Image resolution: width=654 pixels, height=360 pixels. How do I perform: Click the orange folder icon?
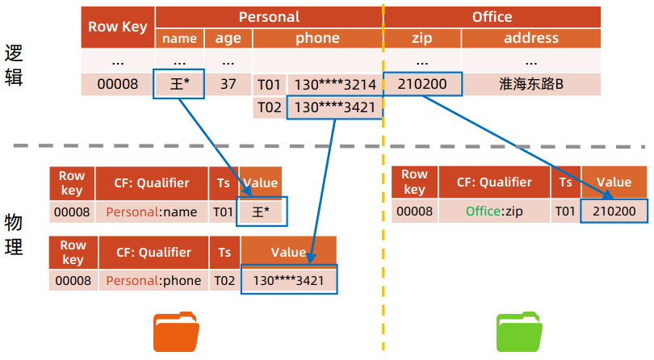176,331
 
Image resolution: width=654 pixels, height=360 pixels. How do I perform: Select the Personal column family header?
269,17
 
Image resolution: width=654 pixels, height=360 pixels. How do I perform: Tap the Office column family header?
492,17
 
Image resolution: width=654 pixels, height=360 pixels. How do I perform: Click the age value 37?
228,84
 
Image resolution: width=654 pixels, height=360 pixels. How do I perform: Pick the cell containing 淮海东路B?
530,84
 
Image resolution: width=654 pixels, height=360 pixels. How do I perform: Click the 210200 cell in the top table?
421,84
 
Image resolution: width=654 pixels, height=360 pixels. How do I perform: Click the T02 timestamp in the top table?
268,107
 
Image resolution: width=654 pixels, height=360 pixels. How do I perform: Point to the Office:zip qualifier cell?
494,211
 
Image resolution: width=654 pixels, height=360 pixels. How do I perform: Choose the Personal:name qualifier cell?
152,211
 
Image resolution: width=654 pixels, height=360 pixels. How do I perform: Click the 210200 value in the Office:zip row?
619,211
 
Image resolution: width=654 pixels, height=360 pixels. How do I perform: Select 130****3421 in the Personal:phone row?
288,281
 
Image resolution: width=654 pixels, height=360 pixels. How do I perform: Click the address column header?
530,38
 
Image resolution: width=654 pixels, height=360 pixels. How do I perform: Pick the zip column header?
421,38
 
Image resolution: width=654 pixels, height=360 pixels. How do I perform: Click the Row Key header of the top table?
118,27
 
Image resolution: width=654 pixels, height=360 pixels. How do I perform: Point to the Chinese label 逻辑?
14,65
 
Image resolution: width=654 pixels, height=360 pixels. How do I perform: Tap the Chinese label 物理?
14,235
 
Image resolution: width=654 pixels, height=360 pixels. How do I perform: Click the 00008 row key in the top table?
118,84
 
